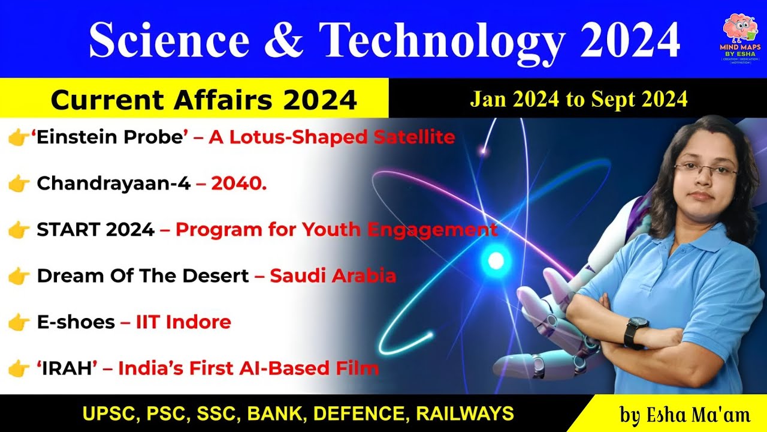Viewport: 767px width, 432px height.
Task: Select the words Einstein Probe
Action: pos(110,137)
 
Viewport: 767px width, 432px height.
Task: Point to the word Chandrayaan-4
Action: pos(113,184)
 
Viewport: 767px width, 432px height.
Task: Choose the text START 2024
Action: pos(95,230)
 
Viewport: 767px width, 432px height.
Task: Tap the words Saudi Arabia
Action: pos(333,276)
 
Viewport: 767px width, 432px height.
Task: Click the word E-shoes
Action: pos(76,322)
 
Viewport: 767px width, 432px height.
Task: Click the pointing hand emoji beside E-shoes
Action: pos(19,323)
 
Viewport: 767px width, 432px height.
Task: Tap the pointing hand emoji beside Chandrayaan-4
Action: pos(19,184)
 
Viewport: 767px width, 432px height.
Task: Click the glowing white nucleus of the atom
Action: pos(496,260)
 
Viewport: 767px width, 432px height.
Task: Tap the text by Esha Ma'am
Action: pos(678,414)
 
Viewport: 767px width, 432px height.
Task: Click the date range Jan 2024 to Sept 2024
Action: pos(578,99)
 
